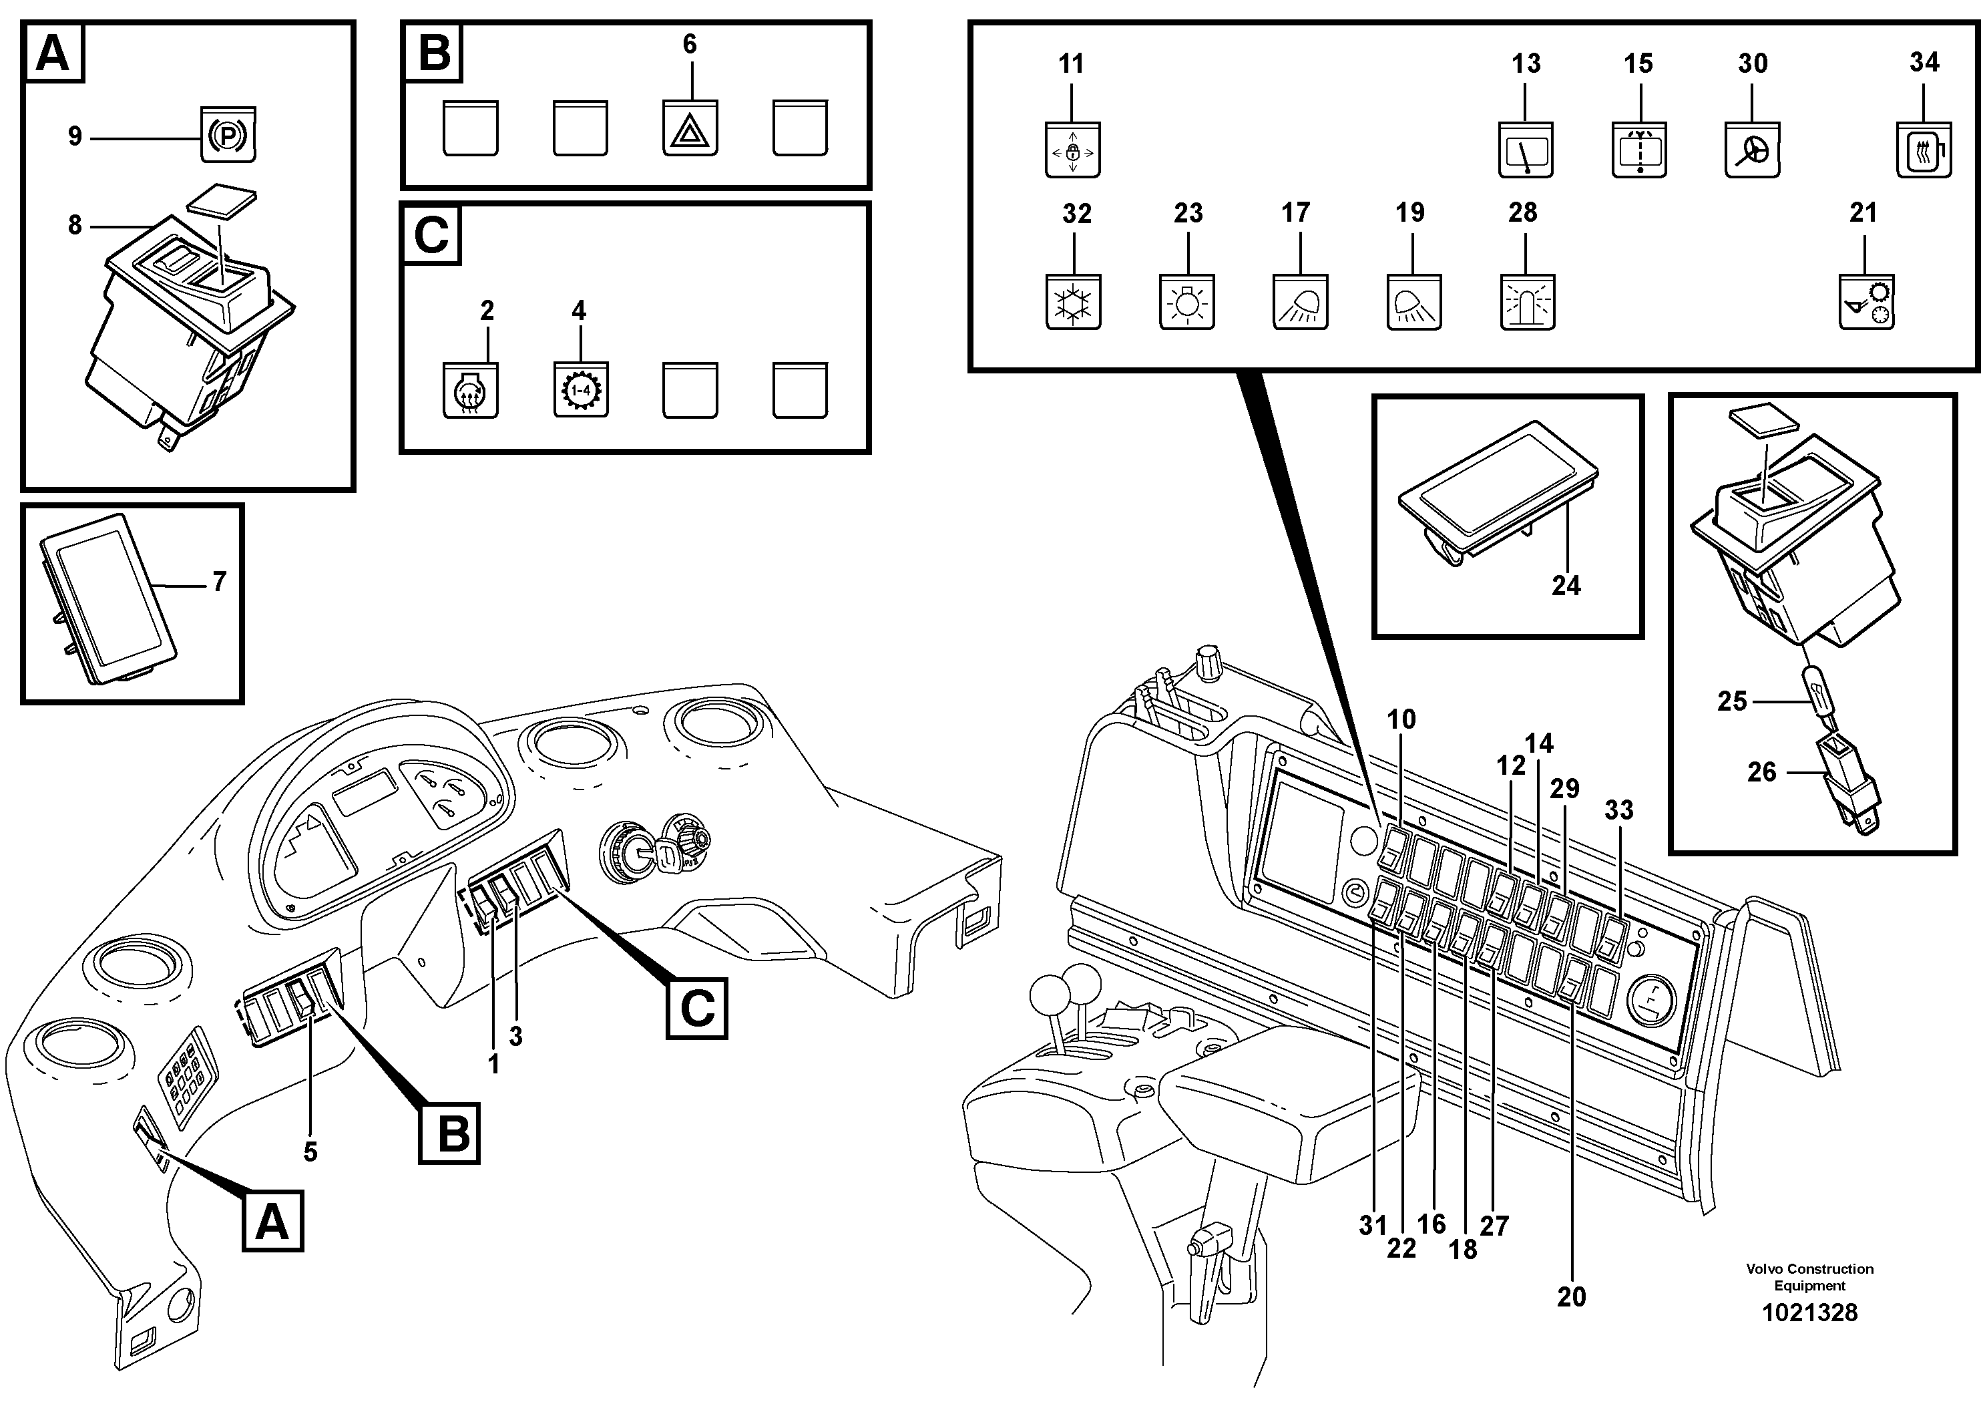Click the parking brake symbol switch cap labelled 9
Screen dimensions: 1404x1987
coord(228,135)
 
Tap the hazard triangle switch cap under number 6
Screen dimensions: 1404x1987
coord(690,129)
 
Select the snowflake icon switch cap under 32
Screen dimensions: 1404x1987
coord(1073,303)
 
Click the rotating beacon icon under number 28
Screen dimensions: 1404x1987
coord(1528,304)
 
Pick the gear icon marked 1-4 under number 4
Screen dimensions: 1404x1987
coord(580,390)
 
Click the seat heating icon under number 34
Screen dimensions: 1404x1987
coord(1923,150)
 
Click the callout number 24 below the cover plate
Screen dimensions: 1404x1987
coord(1566,586)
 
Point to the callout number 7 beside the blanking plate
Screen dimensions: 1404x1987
coord(219,582)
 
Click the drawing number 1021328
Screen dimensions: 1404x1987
coord(1809,1313)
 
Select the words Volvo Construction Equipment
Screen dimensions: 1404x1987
coord(1809,1276)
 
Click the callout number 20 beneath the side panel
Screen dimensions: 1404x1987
coord(1571,1296)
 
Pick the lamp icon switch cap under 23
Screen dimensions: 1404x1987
coord(1186,304)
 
